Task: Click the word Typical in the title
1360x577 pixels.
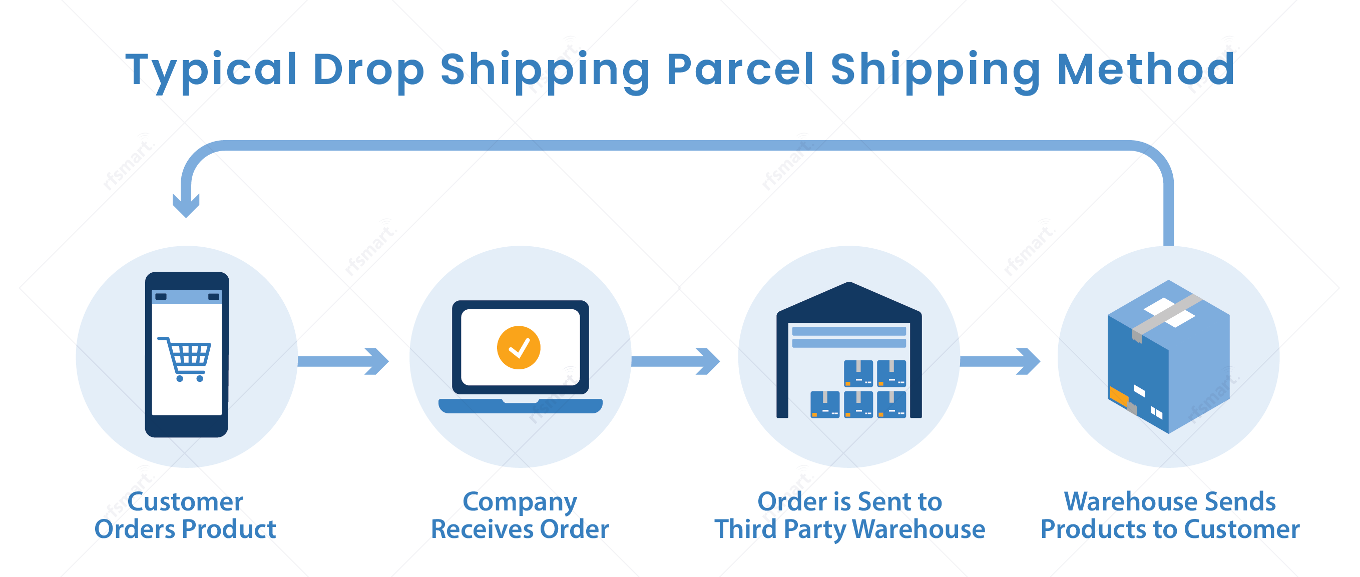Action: [211, 70]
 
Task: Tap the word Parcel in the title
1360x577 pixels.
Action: [740, 70]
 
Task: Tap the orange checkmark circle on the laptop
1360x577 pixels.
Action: [519, 347]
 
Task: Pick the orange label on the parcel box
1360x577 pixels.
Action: [1118, 394]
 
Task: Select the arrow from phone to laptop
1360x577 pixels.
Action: [344, 361]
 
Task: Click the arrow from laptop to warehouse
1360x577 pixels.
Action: [676, 361]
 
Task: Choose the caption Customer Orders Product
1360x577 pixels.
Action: [185, 515]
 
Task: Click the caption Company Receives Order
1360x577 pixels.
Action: [520, 515]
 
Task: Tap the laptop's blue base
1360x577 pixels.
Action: [520, 406]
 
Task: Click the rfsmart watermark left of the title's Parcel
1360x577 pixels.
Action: [554, 66]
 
